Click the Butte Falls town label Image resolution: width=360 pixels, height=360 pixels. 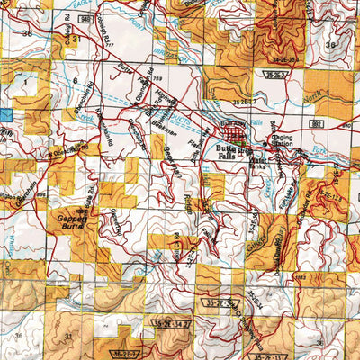pos(226,150)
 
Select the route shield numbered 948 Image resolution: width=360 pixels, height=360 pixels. pos(84,17)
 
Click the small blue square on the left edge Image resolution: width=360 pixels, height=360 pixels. pos(5,115)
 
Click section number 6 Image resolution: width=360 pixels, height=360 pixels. pos(74,81)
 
